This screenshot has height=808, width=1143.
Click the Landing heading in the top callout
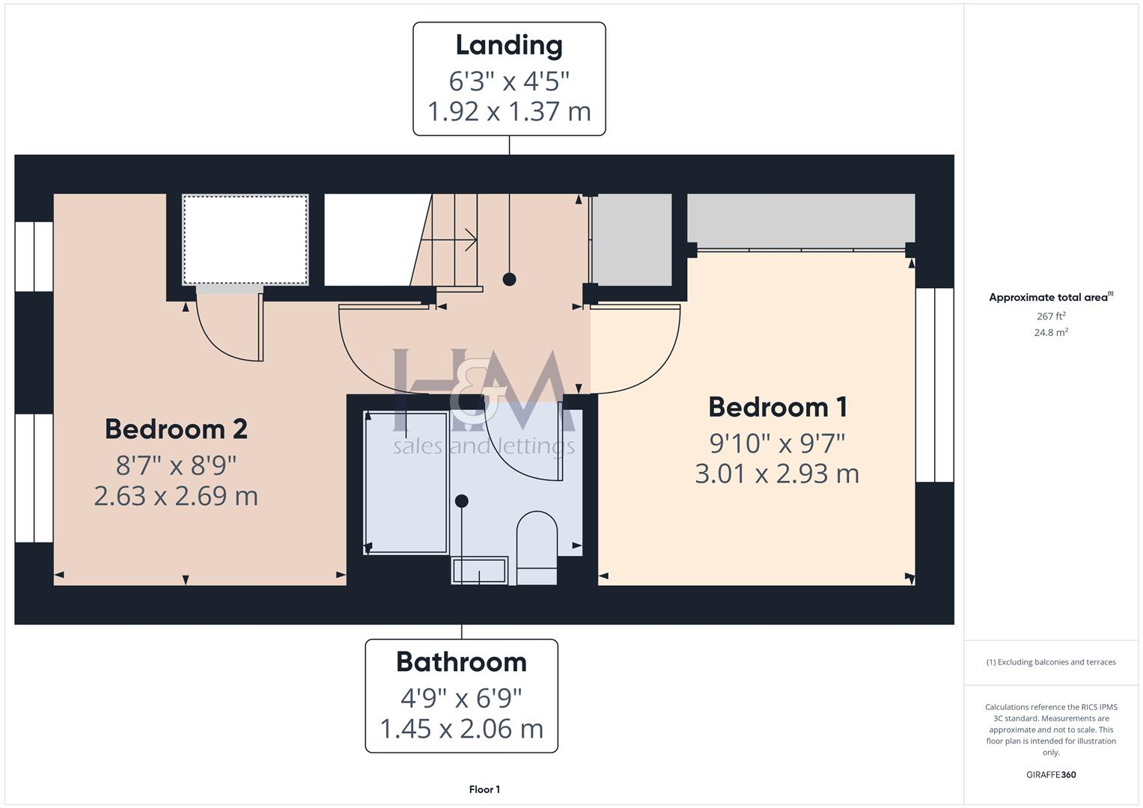[x=509, y=46]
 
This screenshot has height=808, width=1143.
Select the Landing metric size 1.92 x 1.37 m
[x=509, y=111]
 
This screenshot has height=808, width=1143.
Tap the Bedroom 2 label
[x=176, y=429]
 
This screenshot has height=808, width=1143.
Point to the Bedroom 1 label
[x=778, y=408]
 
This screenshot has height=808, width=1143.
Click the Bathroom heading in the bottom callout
[x=461, y=662]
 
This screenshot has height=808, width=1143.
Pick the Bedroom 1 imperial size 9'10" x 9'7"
[x=778, y=443]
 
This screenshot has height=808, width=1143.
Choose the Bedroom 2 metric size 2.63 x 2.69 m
[x=176, y=496]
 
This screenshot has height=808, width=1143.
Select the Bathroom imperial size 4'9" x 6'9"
[x=461, y=698]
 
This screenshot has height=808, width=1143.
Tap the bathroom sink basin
[x=479, y=571]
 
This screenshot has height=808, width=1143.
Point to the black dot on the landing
[x=510, y=279]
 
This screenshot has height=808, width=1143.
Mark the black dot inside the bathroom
[x=462, y=501]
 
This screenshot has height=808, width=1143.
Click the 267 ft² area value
[x=1051, y=316]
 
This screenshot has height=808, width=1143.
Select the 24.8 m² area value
[x=1051, y=333]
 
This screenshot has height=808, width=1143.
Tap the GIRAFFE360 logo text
[x=1051, y=775]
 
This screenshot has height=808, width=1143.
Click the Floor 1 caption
[x=484, y=789]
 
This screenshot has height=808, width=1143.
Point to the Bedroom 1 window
[x=934, y=385]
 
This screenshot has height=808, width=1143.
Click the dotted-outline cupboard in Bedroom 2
[x=246, y=239]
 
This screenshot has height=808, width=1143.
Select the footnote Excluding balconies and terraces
[x=1051, y=662]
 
